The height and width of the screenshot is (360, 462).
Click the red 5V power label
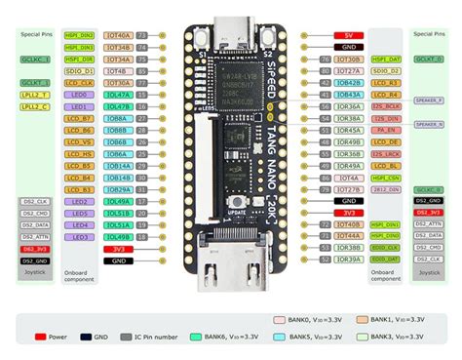point(348,35)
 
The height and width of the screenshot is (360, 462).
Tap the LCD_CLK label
point(80,83)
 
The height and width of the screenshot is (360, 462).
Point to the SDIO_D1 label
point(80,71)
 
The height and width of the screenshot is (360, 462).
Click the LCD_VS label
point(80,142)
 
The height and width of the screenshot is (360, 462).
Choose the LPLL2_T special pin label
point(35,95)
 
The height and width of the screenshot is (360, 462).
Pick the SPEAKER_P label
point(428,100)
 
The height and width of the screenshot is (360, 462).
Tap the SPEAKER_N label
point(428,124)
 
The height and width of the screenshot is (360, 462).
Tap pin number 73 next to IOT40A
point(141,35)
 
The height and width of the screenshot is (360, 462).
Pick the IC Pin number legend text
point(154,336)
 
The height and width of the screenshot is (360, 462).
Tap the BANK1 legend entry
point(400,318)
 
